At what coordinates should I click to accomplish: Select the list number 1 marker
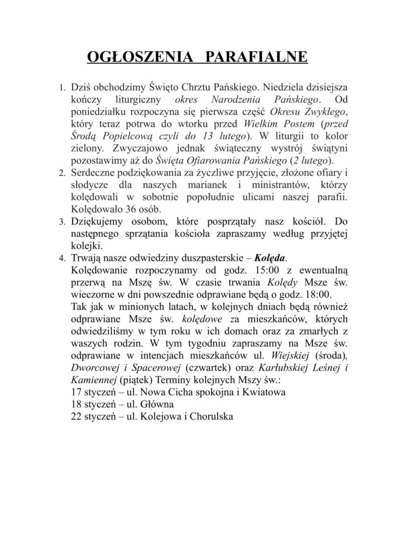tap(62, 88)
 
